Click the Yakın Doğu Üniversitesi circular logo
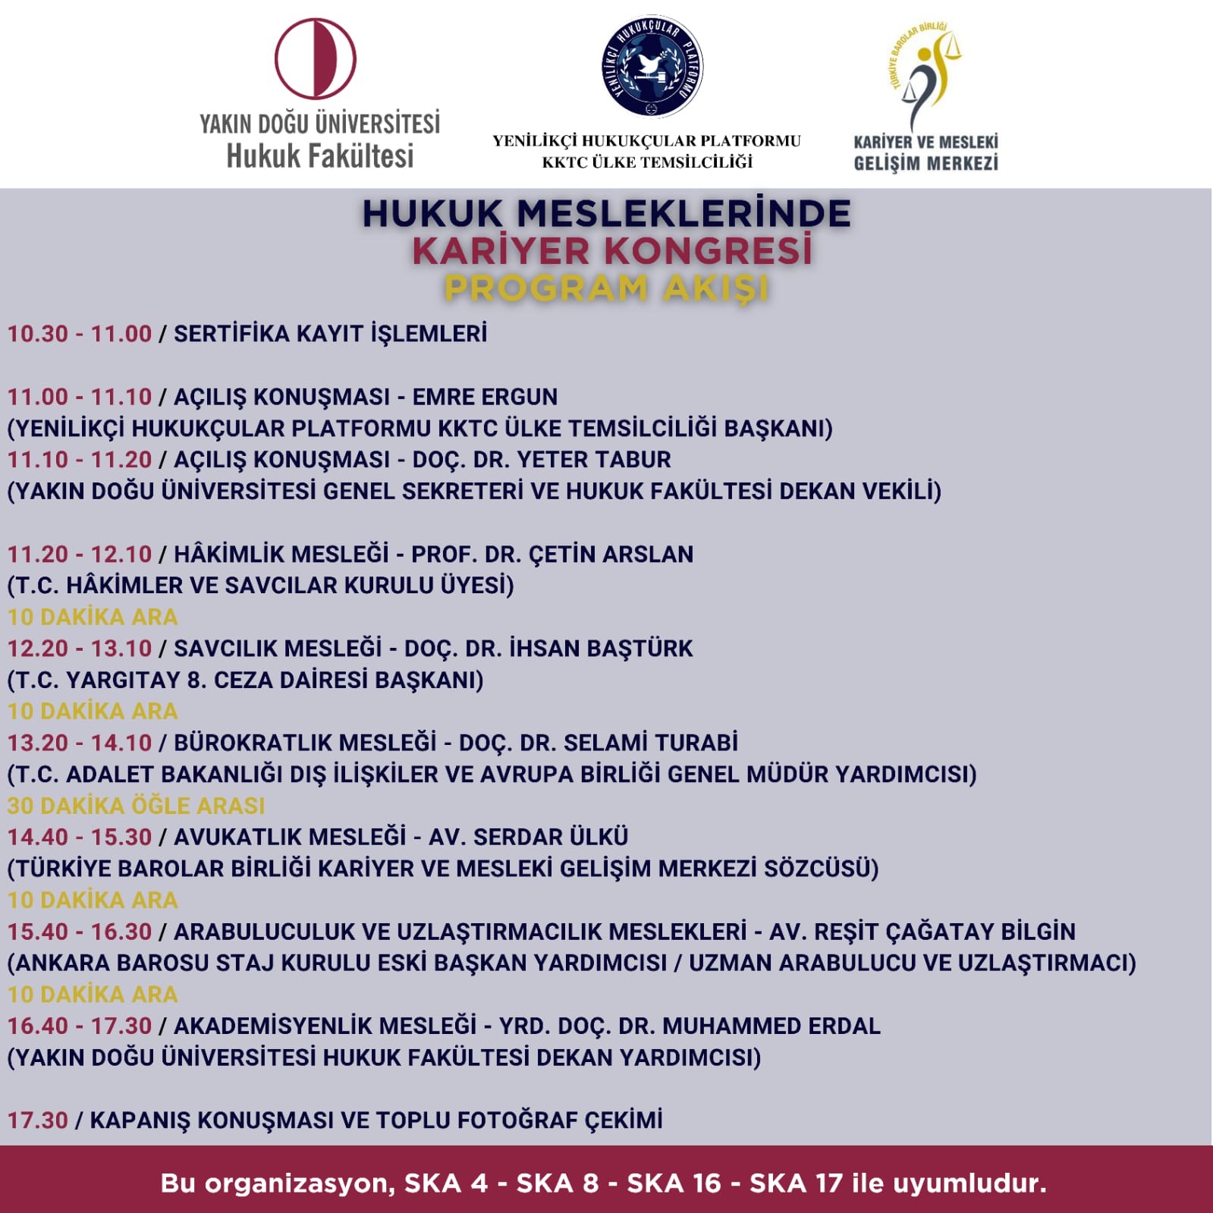[316, 59]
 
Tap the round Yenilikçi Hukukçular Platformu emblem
[652, 67]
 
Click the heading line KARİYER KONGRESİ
[611, 251]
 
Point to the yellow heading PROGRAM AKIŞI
[606, 288]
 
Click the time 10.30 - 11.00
[80, 334]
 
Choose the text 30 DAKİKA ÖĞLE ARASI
[137, 806]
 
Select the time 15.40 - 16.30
[80, 932]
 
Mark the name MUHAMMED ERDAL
[771, 1026]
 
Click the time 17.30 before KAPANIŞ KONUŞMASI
[38, 1120]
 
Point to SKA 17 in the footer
[796, 1183]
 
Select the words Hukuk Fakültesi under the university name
[320, 156]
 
